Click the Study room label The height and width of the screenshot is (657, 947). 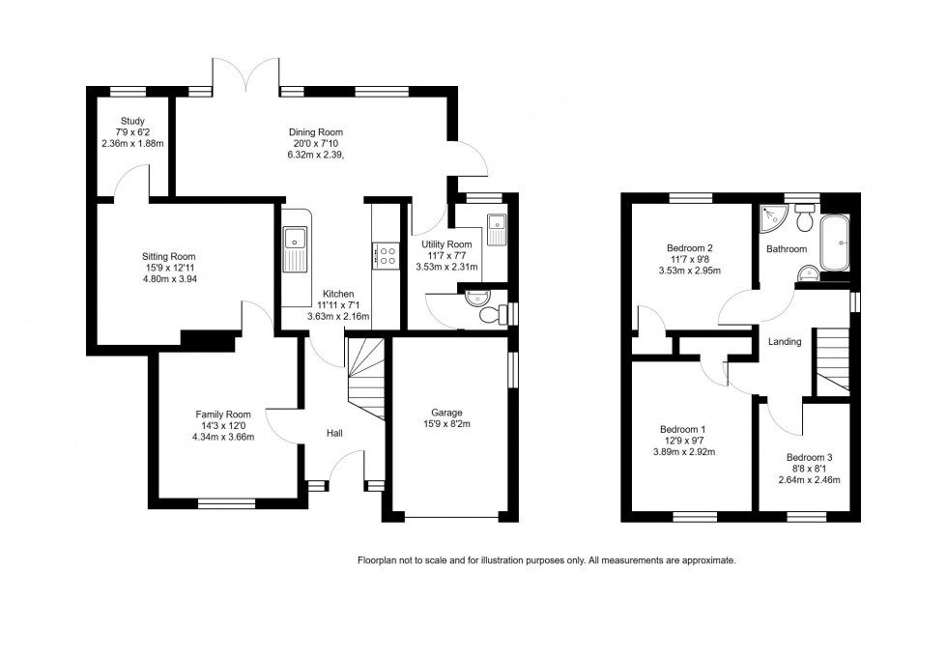click(132, 122)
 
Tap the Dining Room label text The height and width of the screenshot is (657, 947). click(315, 132)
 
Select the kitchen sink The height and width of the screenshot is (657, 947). click(294, 249)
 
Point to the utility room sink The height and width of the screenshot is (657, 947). click(497, 230)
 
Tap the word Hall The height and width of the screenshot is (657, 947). click(334, 434)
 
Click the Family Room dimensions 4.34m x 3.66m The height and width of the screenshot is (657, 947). click(223, 437)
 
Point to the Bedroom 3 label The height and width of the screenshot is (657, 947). click(809, 457)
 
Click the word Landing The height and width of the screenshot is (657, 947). click(784, 342)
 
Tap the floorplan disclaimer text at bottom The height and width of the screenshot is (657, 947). click(546, 560)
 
